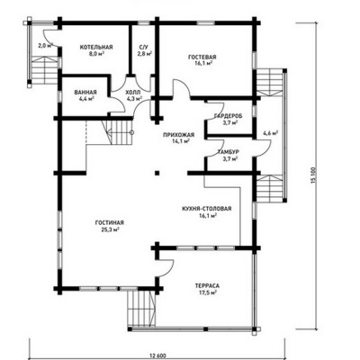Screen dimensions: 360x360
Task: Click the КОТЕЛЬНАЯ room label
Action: [x=96, y=47]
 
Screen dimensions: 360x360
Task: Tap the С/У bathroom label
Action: [x=144, y=48]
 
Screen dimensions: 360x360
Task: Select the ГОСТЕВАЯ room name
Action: [x=202, y=57]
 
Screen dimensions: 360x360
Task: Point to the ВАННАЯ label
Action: [x=85, y=92]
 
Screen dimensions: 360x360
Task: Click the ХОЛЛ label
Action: [x=132, y=92]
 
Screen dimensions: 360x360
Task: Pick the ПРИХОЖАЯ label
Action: [x=179, y=135]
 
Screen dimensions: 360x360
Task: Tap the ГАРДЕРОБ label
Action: [x=229, y=116]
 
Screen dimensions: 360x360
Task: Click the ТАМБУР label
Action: [x=229, y=152]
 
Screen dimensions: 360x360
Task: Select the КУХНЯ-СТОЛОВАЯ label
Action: [x=207, y=209]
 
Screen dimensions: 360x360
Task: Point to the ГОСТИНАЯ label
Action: [x=110, y=222]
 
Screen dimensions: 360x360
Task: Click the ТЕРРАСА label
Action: [x=207, y=285]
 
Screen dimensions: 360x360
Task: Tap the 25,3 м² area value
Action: [x=110, y=229]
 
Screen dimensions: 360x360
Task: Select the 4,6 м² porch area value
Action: [x=270, y=133]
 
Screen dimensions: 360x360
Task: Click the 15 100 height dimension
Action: [x=314, y=176]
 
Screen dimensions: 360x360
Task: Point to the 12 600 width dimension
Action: [x=157, y=355]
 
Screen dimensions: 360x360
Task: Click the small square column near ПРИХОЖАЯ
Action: [x=157, y=173]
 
